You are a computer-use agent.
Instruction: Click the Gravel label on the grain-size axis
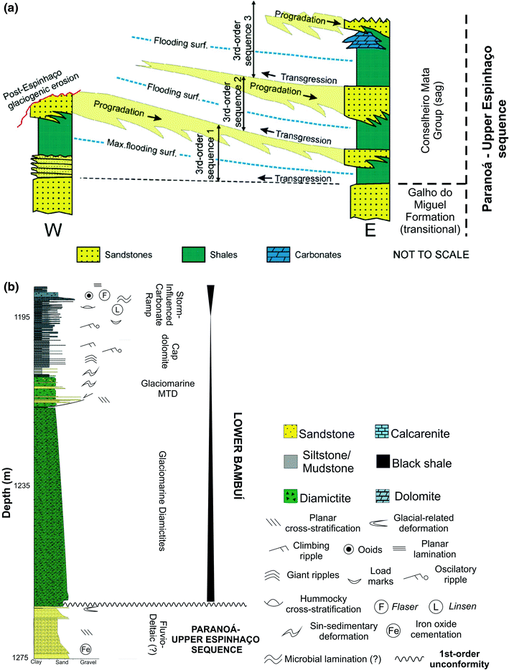point(88,664)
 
